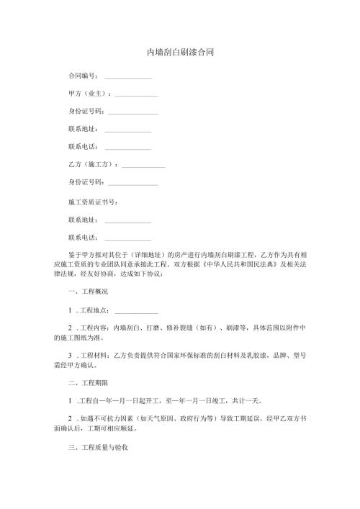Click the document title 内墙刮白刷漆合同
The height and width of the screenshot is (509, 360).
[x=180, y=53]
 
